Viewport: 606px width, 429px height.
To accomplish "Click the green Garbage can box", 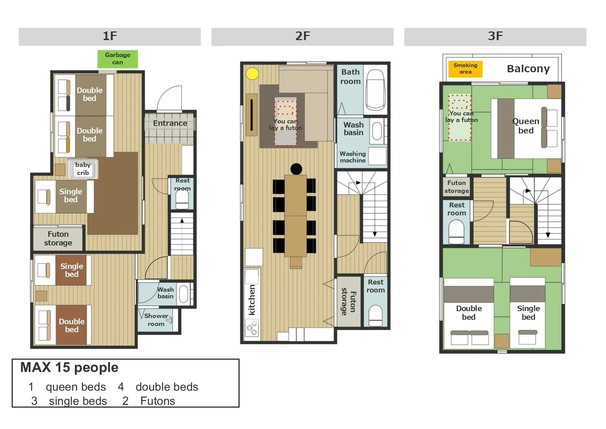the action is tap(117, 59).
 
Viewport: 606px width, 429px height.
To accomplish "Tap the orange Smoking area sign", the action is tap(465, 68).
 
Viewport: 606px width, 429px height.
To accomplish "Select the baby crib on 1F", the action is tap(83, 169).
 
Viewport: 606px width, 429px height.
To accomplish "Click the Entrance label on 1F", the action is tap(170, 123).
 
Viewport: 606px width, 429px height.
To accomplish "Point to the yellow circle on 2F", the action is tap(253, 74).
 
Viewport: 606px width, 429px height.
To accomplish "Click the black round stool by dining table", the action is tap(296, 169).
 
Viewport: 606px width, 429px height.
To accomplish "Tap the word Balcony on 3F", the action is tap(528, 69).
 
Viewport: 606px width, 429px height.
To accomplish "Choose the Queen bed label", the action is tap(526, 126).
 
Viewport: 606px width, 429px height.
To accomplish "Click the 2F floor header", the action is tap(302, 36).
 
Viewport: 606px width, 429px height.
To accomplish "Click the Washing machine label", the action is tap(353, 157).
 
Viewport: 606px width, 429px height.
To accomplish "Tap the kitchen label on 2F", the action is tap(252, 300).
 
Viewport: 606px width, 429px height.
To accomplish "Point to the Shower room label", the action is tap(156, 320).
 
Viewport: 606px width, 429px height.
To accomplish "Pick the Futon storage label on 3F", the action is tap(457, 187).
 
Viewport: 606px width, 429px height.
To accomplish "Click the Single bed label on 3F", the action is tap(528, 313).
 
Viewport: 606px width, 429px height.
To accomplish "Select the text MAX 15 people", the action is tap(69, 367).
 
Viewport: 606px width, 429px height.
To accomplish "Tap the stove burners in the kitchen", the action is tap(252, 328).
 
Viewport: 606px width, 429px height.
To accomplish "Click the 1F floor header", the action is tap(110, 36).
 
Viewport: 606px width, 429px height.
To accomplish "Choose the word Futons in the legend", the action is tap(158, 401).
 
